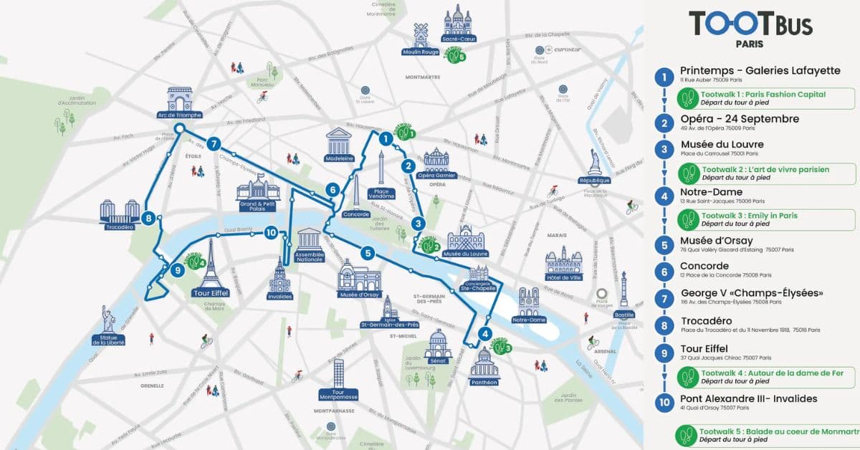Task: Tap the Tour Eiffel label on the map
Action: pos(211,293)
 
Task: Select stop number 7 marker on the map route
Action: pos(213,143)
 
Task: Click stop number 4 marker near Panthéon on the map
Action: pos(485,333)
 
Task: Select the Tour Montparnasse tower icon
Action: pos(338,374)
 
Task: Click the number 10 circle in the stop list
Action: pos(666,403)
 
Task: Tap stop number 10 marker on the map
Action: pos(270,232)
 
